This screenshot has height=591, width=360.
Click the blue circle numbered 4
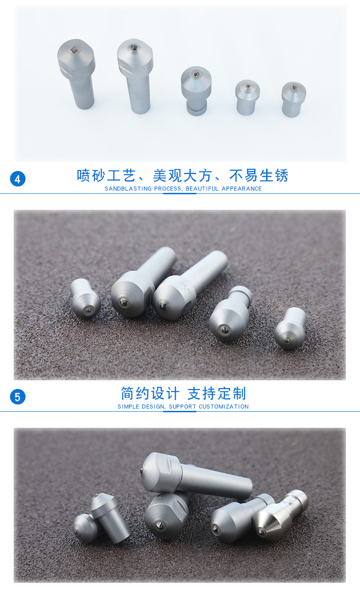[x=18, y=179]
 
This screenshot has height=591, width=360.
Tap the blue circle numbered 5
[x=18, y=397]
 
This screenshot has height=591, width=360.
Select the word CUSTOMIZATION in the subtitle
[x=224, y=407]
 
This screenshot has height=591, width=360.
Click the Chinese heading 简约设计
[x=150, y=394]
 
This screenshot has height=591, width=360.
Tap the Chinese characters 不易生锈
[x=259, y=176]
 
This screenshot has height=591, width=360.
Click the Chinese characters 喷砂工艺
[x=106, y=176]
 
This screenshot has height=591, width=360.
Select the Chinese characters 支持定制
[x=216, y=394]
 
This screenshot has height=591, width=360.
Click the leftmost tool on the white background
[x=77, y=73]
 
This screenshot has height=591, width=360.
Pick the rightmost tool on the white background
[x=293, y=99]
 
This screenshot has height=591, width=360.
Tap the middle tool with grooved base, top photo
[x=196, y=90]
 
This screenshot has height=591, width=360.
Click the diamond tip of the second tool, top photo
[x=134, y=47]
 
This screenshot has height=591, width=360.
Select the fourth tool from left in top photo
[x=247, y=97]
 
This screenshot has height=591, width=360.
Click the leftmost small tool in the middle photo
[x=85, y=298]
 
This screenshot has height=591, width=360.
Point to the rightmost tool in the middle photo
[x=290, y=328]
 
